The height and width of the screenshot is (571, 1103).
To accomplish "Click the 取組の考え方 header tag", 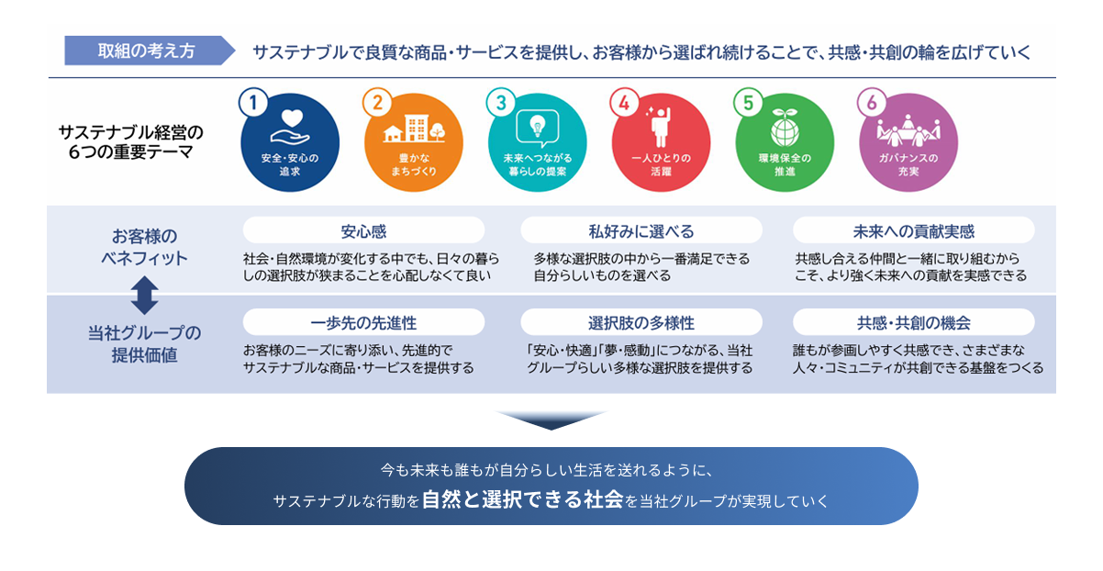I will pos(146,50).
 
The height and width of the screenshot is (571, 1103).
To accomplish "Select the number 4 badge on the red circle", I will pos(624,103).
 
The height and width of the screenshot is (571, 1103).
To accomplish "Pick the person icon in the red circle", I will pos(659,126).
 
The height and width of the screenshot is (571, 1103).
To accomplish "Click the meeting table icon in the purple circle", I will pos(907,130).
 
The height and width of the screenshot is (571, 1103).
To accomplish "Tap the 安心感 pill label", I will pos(363,230).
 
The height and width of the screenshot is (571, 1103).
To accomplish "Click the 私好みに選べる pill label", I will pos(641,230).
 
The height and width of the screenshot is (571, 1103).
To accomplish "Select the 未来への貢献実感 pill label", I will pos(913,230).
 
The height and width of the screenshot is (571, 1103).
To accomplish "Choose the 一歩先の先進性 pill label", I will pos(363,322).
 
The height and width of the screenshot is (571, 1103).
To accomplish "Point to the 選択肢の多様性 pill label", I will pos(641,322).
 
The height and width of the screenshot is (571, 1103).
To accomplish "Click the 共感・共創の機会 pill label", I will pos(913,322).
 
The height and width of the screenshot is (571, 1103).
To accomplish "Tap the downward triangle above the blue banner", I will pos(551,420).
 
